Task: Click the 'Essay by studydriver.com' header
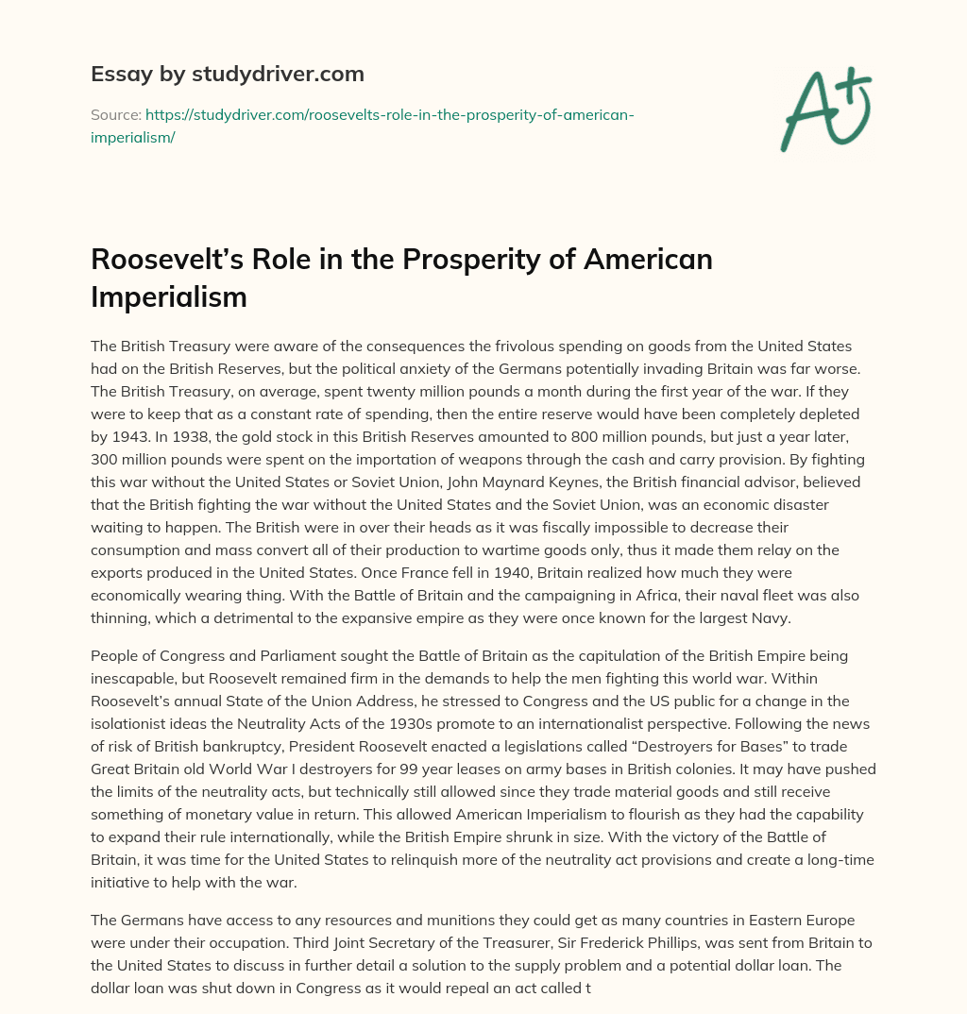(228, 74)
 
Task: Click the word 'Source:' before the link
(115, 114)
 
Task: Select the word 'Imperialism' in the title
(169, 296)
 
